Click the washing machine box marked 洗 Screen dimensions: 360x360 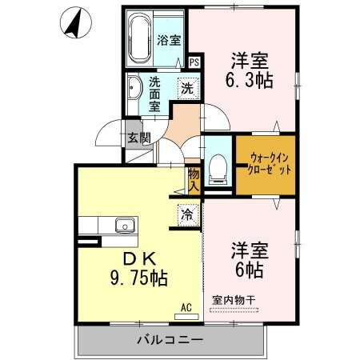click(x=186, y=88)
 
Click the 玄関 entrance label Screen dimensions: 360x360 click(x=138, y=138)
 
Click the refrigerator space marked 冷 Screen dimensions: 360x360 click(x=186, y=215)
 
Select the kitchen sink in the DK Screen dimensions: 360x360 click(x=125, y=224)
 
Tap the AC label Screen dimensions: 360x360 click(x=186, y=307)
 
